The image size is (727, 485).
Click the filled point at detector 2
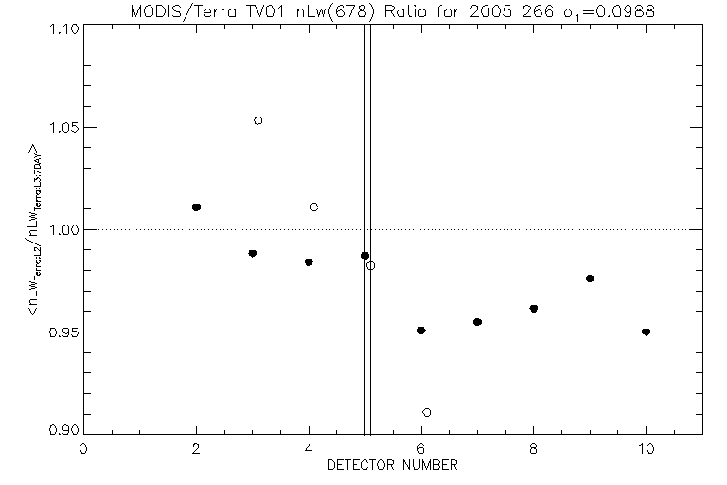tap(196, 207)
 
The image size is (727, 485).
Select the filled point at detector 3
tap(252, 253)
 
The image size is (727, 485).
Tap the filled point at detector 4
tap(309, 261)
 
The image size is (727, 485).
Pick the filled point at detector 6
tap(421, 330)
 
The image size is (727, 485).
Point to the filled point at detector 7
tap(477, 322)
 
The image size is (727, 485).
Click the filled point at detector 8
tap(534, 308)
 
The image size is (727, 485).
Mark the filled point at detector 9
tap(590, 278)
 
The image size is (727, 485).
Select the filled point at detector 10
tap(646, 332)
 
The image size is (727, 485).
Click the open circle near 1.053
tap(257, 120)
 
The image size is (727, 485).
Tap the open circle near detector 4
tap(314, 207)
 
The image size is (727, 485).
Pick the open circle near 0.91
tap(427, 412)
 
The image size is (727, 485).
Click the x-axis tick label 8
tap(534, 450)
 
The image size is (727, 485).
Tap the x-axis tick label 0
tap(84, 450)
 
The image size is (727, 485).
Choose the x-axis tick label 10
tap(646, 450)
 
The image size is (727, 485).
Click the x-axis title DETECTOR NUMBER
tap(393, 465)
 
